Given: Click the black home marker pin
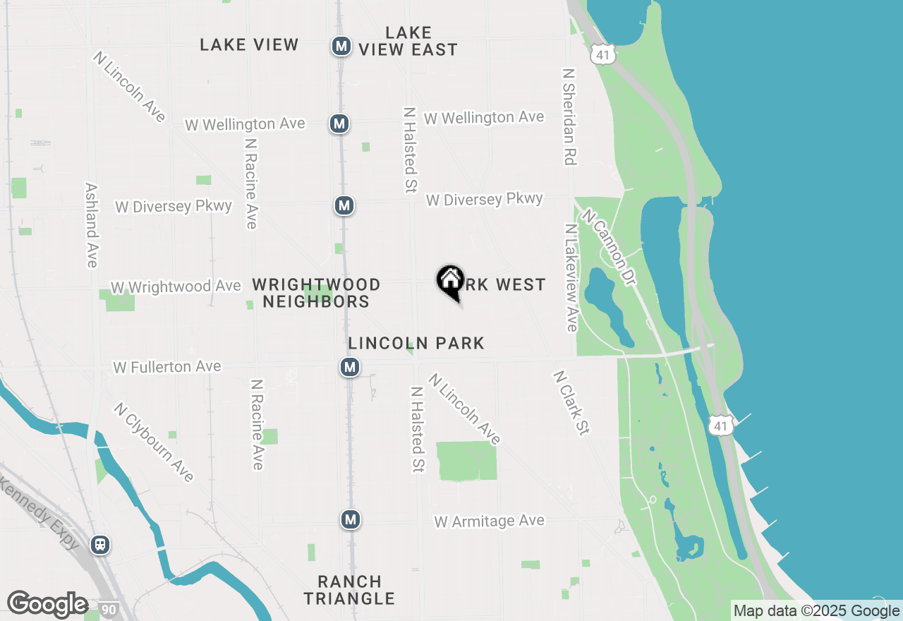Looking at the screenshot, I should click(x=450, y=281).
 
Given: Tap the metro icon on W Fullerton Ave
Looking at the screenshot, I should click(x=349, y=367).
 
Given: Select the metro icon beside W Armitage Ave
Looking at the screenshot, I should click(x=350, y=520).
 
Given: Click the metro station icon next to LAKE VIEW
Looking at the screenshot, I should click(x=341, y=47).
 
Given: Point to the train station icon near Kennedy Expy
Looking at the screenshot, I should click(x=100, y=545).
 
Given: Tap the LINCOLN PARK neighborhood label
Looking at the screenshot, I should click(x=416, y=344).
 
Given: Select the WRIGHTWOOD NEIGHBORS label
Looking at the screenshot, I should click(x=316, y=293).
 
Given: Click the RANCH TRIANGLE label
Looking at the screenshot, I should click(x=349, y=590).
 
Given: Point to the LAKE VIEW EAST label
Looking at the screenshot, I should click(x=408, y=41).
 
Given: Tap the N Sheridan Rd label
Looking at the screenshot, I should click(x=569, y=116).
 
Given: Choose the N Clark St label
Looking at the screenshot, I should click(x=571, y=402).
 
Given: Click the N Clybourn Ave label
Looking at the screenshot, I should click(x=154, y=442).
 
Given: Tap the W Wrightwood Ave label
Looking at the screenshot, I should click(x=176, y=287).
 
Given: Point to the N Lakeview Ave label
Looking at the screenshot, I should click(x=571, y=277).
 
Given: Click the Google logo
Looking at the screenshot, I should click(x=47, y=605).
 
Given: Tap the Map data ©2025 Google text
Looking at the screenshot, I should click(x=816, y=611).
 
